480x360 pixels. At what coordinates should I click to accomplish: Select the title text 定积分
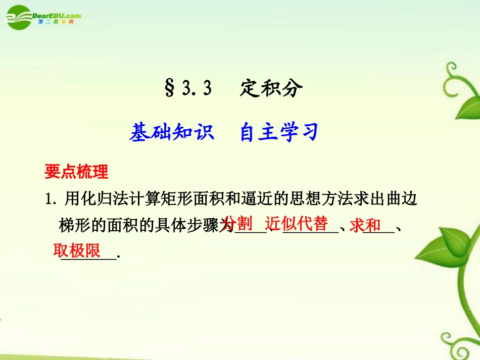[x=271, y=89]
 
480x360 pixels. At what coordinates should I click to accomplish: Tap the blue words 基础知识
[x=172, y=132]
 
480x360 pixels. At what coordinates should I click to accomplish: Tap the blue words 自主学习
[x=279, y=132]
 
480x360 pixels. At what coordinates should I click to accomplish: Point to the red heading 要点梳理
[x=76, y=172]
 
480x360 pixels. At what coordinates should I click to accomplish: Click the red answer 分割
[x=237, y=223]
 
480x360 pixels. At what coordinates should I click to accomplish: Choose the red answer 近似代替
[x=296, y=223]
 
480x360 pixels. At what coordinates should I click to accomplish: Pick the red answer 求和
[x=365, y=225]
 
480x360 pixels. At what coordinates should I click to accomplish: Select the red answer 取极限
[x=77, y=250]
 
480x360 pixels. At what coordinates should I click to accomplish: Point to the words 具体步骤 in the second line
[x=194, y=226]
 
